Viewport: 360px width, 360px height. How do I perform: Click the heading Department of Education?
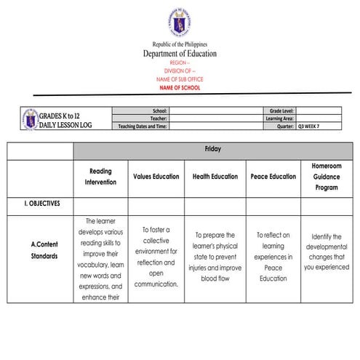click(x=179, y=54)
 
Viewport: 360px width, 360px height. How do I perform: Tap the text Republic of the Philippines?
click(x=179, y=44)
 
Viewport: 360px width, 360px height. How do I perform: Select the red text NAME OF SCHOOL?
click(x=179, y=87)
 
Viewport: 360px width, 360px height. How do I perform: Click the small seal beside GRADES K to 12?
click(x=29, y=118)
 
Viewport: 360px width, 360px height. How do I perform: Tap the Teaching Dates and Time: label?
click(x=143, y=126)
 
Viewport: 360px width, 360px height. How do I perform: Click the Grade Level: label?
click(x=281, y=111)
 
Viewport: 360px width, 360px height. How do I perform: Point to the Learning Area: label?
click(x=279, y=118)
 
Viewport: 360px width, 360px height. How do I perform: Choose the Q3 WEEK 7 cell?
click(x=312, y=126)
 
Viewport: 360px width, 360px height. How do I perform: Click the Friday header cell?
click(x=212, y=149)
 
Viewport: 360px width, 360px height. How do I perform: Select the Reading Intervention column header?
click(x=100, y=176)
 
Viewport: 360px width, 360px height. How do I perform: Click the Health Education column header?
click(x=215, y=176)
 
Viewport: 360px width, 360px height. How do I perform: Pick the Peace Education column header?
click(x=273, y=176)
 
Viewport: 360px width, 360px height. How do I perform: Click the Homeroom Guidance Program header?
click(x=327, y=176)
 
